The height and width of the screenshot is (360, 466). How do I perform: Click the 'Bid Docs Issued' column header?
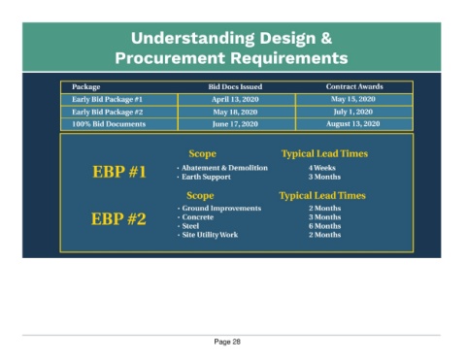(x=235, y=86)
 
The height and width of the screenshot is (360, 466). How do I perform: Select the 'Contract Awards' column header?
(x=354, y=86)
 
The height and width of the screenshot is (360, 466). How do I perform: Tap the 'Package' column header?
(x=86, y=87)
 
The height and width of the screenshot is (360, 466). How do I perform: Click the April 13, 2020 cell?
(x=235, y=99)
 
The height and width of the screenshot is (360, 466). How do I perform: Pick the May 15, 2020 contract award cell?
(x=353, y=99)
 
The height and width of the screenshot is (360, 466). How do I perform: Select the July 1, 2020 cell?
(x=353, y=112)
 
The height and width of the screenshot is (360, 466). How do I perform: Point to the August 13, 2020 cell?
(x=353, y=124)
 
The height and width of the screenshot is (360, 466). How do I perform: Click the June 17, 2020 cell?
(x=235, y=124)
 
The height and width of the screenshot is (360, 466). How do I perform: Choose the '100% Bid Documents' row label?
(x=109, y=124)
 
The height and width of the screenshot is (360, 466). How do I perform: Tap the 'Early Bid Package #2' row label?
(x=108, y=112)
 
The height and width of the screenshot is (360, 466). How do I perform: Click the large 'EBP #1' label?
(x=119, y=172)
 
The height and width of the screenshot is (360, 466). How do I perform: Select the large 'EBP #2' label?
(x=118, y=218)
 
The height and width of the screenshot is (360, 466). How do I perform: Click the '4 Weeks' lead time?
(x=322, y=168)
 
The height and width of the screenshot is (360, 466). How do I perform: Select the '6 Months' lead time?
(x=324, y=226)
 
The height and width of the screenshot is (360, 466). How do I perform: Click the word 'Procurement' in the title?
(x=170, y=58)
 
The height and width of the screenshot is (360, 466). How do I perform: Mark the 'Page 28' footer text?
(x=227, y=342)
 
